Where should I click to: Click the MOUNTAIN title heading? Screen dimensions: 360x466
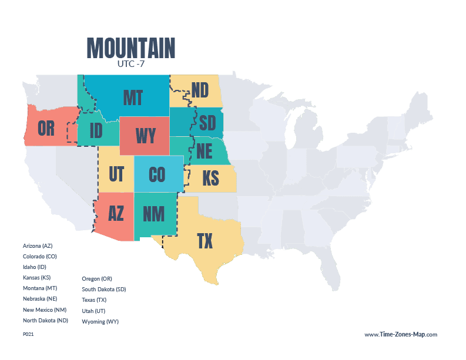click(x=130, y=48)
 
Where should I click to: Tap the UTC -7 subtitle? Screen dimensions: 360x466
click(x=130, y=64)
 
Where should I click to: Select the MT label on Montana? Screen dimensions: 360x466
click(x=133, y=97)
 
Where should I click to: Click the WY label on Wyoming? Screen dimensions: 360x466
click(x=145, y=136)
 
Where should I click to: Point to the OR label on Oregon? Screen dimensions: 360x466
click(x=46, y=128)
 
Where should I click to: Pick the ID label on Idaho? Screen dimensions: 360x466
click(x=96, y=131)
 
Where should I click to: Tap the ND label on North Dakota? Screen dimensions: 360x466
click(x=200, y=90)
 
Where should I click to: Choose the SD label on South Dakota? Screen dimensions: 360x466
click(x=207, y=123)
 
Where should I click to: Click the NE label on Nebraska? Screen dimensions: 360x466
click(x=204, y=152)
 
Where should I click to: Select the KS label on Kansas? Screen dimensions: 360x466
click(x=210, y=178)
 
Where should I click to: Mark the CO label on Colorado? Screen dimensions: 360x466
click(x=157, y=174)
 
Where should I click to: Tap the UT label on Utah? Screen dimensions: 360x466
click(x=116, y=174)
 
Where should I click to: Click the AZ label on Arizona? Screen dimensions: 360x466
click(x=116, y=213)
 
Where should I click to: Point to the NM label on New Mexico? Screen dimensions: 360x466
click(x=153, y=214)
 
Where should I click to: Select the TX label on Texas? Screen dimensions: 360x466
click(x=204, y=241)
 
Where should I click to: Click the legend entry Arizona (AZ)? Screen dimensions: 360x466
click(x=38, y=245)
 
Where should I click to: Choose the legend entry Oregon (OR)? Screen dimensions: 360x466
click(x=96, y=278)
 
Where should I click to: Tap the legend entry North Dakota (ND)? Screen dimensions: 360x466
click(x=45, y=321)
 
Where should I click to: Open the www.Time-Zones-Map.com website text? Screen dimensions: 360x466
click(x=400, y=334)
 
